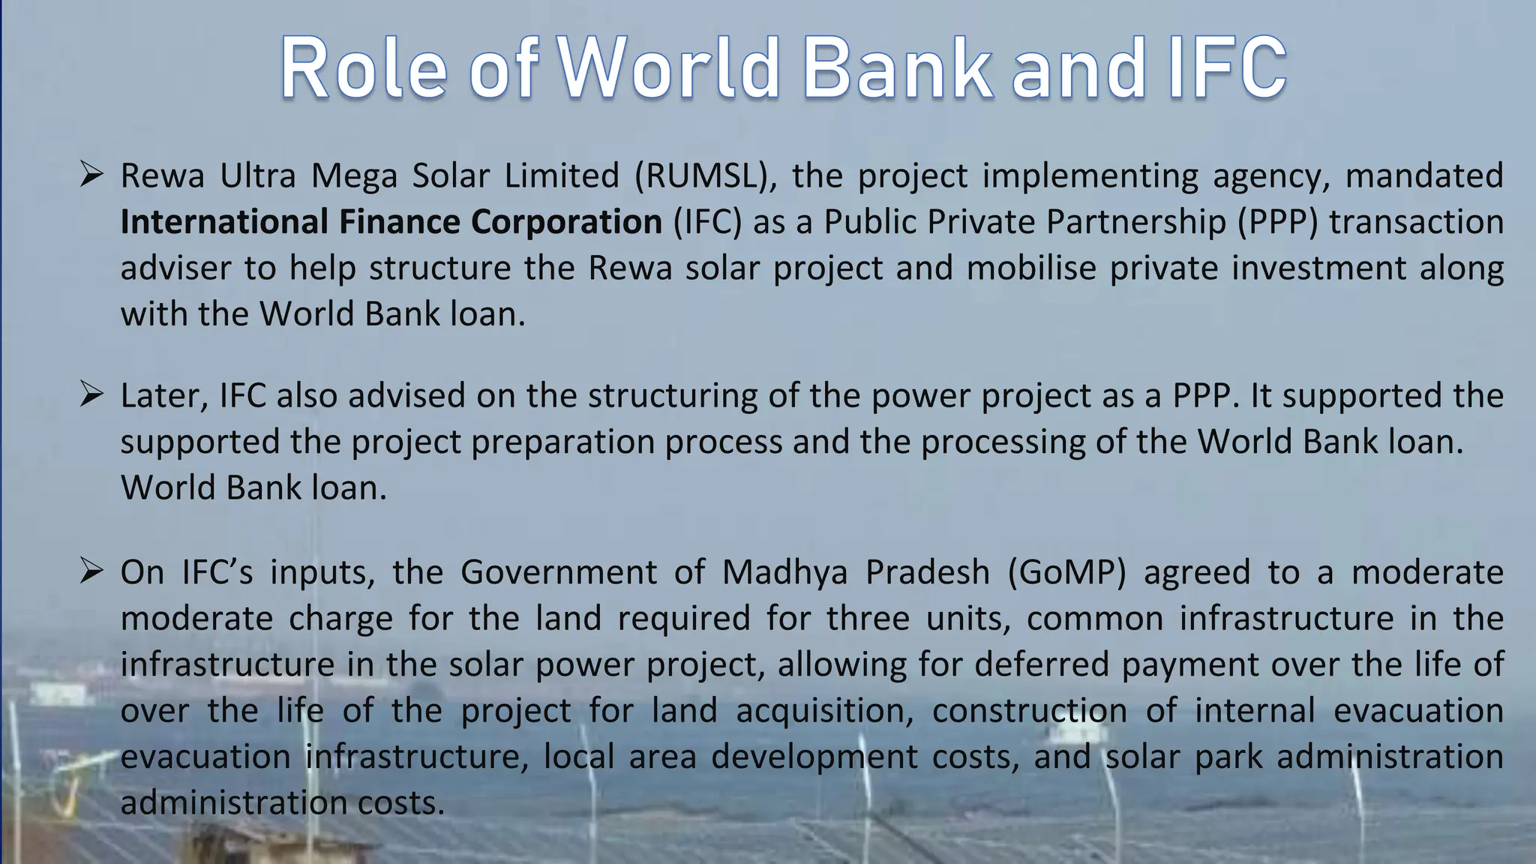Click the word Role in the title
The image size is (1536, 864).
point(364,68)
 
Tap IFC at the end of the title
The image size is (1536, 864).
point(1225,68)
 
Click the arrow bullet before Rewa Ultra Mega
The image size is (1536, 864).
point(91,176)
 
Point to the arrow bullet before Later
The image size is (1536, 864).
point(91,395)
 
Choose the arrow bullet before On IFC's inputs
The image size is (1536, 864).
point(91,572)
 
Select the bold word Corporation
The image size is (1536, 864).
point(566,222)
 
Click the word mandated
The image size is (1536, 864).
point(1424,176)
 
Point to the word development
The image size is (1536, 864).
point(814,757)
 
